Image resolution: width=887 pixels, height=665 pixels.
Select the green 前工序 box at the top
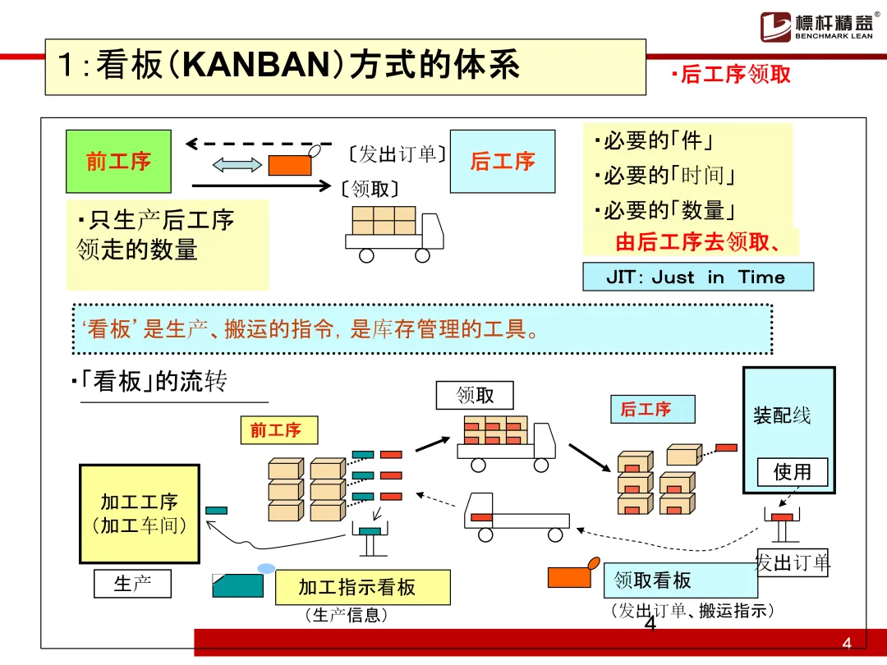click(x=118, y=161)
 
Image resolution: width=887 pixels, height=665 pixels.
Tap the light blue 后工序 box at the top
click(x=502, y=161)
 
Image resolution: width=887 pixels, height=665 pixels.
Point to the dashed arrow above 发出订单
click(x=259, y=144)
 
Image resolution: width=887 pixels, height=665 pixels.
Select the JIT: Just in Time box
click(x=697, y=277)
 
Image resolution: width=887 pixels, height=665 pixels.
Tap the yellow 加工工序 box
click(x=139, y=514)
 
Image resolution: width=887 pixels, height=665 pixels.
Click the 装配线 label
click(x=782, y=415)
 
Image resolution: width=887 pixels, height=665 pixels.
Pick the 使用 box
click(x=792, y=471)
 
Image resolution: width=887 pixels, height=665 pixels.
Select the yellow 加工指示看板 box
click(x=362, y=587)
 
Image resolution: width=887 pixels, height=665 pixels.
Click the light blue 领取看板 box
click(x=680, y=580)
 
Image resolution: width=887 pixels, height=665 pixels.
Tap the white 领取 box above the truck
click(x=475, y=395)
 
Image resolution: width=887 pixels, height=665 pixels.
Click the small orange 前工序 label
click(x=275, y=430)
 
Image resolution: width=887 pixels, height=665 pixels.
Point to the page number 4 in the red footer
click(x=847, y=643)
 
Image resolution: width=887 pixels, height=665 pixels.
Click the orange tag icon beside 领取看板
click(x=572, y=575)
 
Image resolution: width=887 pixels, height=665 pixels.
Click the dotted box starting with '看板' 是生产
click(x=422, y=329)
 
